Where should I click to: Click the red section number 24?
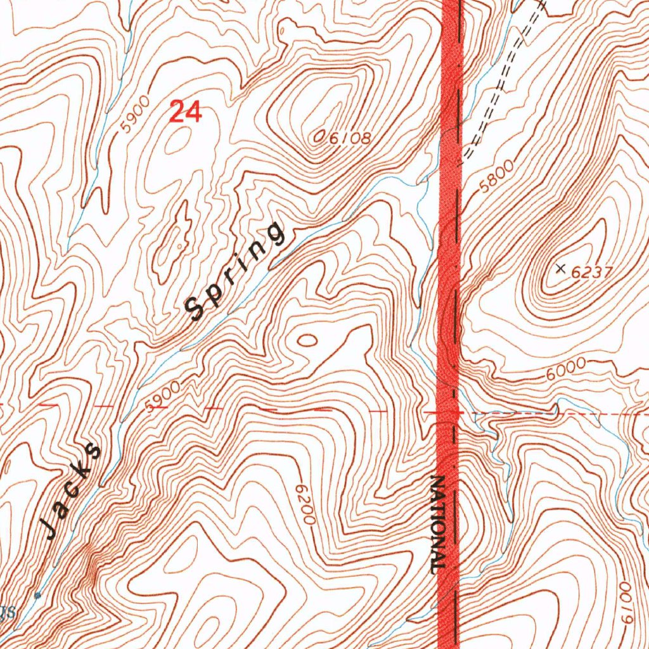point(186,112)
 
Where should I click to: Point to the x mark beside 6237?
point(560,269)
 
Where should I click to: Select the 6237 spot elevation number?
point(591,273)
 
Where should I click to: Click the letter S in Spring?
point(194,309)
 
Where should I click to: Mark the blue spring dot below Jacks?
point(37,595)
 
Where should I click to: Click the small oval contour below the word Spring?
point(307,340)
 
